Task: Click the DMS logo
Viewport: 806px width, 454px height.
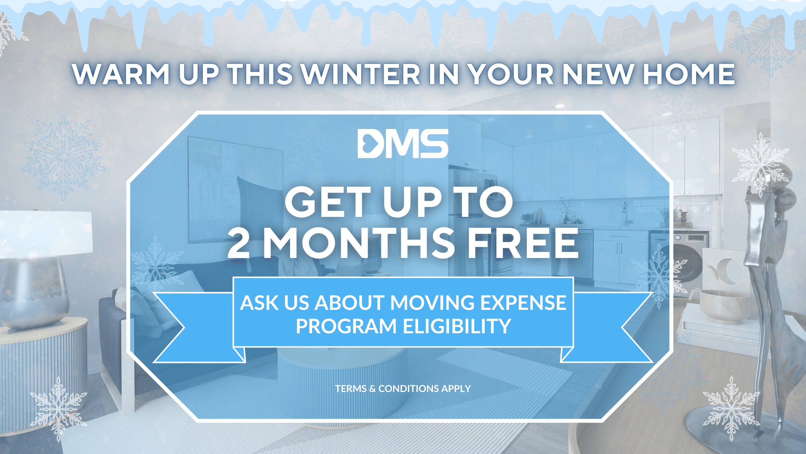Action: click(403, 143)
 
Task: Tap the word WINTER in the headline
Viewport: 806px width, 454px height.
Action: click(361, 74)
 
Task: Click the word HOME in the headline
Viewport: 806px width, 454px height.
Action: click(689, 74)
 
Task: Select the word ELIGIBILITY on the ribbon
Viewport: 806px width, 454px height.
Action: click(457, 326)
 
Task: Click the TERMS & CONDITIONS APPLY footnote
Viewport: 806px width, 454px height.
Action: click(403, 388)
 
